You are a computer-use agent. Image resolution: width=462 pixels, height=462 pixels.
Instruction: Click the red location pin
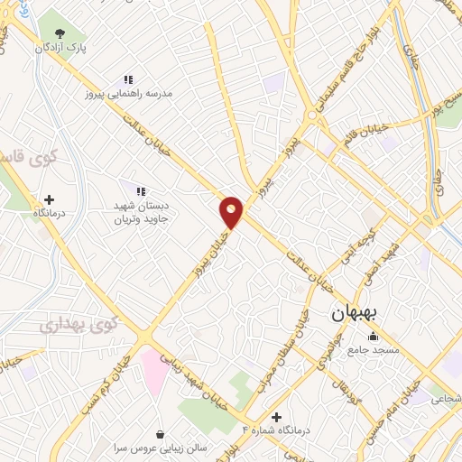click(232, 212)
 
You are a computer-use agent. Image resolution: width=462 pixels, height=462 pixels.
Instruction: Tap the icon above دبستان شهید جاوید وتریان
click(140, 190)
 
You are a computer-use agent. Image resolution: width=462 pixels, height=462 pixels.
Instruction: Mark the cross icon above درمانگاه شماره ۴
click(276, 416)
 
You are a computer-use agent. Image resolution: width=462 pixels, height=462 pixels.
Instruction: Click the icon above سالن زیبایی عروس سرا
click(161, 433)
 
